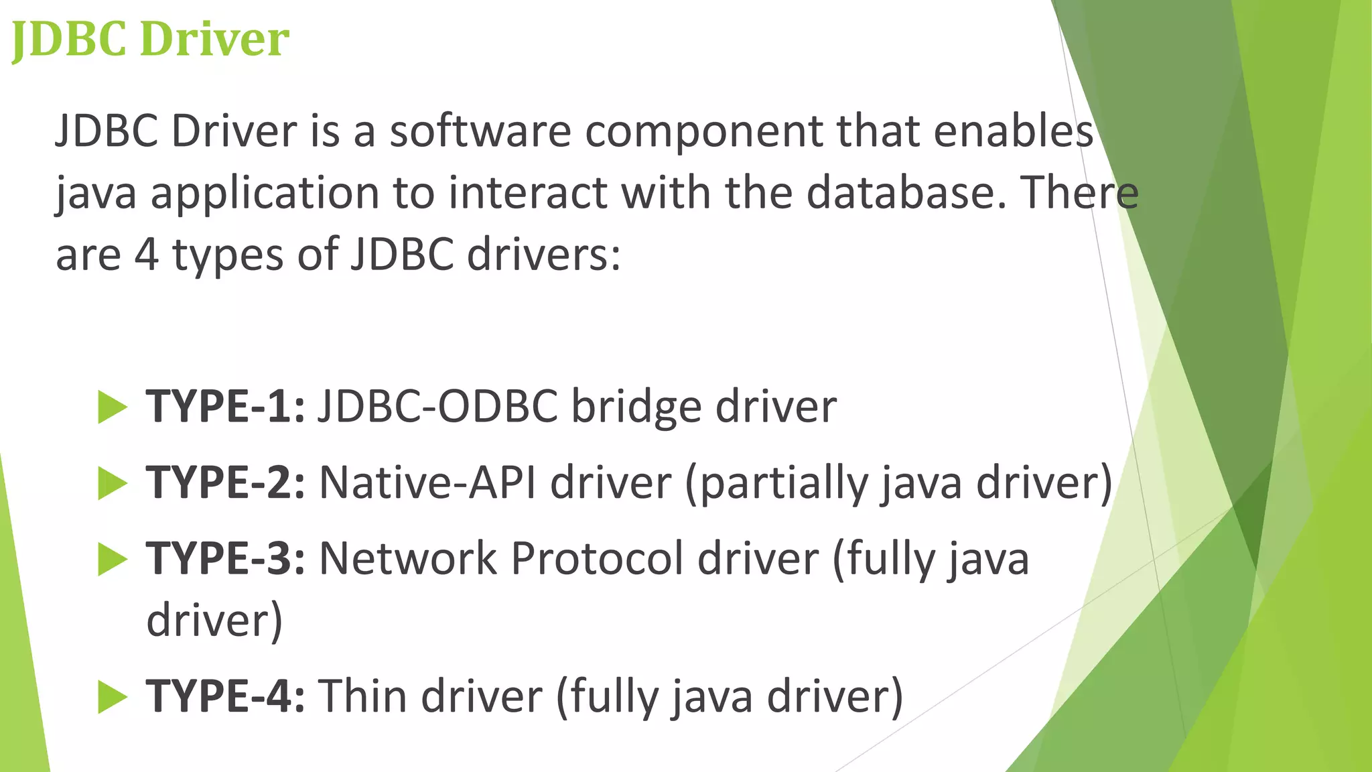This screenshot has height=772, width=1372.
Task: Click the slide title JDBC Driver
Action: (150, 39)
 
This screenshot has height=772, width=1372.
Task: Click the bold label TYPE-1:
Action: (226, 406)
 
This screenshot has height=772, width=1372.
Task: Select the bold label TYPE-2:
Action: (226, 482)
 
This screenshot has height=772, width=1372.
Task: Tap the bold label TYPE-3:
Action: (226, 558)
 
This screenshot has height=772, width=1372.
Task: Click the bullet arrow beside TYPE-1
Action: (112, 407)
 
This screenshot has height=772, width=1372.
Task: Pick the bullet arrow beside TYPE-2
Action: (112, 483)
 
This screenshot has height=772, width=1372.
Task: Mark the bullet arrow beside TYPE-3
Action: (112, 559)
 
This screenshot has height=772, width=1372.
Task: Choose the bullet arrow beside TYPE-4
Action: (112, 696)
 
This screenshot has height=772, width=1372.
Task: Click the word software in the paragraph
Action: (480, 131)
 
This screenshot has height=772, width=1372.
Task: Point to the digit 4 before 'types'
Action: (147, 255)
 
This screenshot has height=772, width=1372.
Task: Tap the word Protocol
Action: (598, 558)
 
